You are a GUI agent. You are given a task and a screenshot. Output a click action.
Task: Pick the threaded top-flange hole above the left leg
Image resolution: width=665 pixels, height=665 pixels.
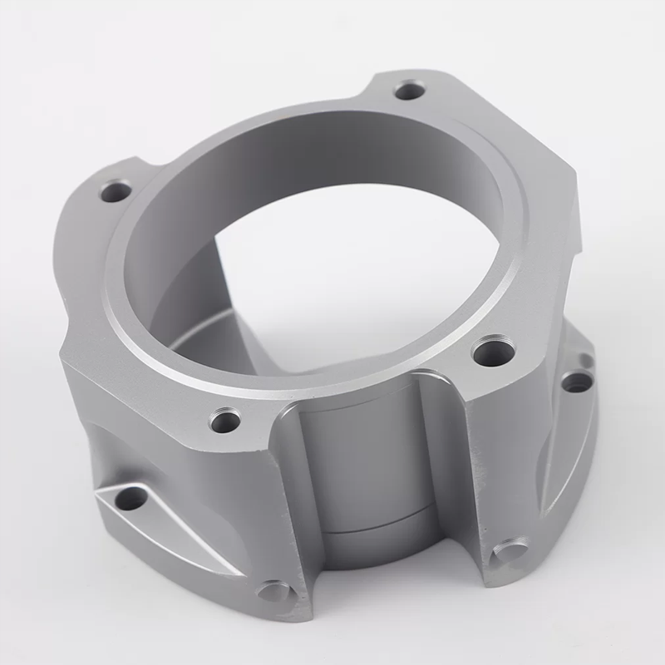tap(224, 421)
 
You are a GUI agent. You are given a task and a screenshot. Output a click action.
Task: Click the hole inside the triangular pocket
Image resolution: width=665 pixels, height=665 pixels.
tap(131, 499)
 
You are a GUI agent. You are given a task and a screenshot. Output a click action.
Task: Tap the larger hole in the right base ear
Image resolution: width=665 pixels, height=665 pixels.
tap(576, 382)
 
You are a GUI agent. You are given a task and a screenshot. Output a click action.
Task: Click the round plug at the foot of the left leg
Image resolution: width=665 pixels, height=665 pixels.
tap(273, 592)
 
